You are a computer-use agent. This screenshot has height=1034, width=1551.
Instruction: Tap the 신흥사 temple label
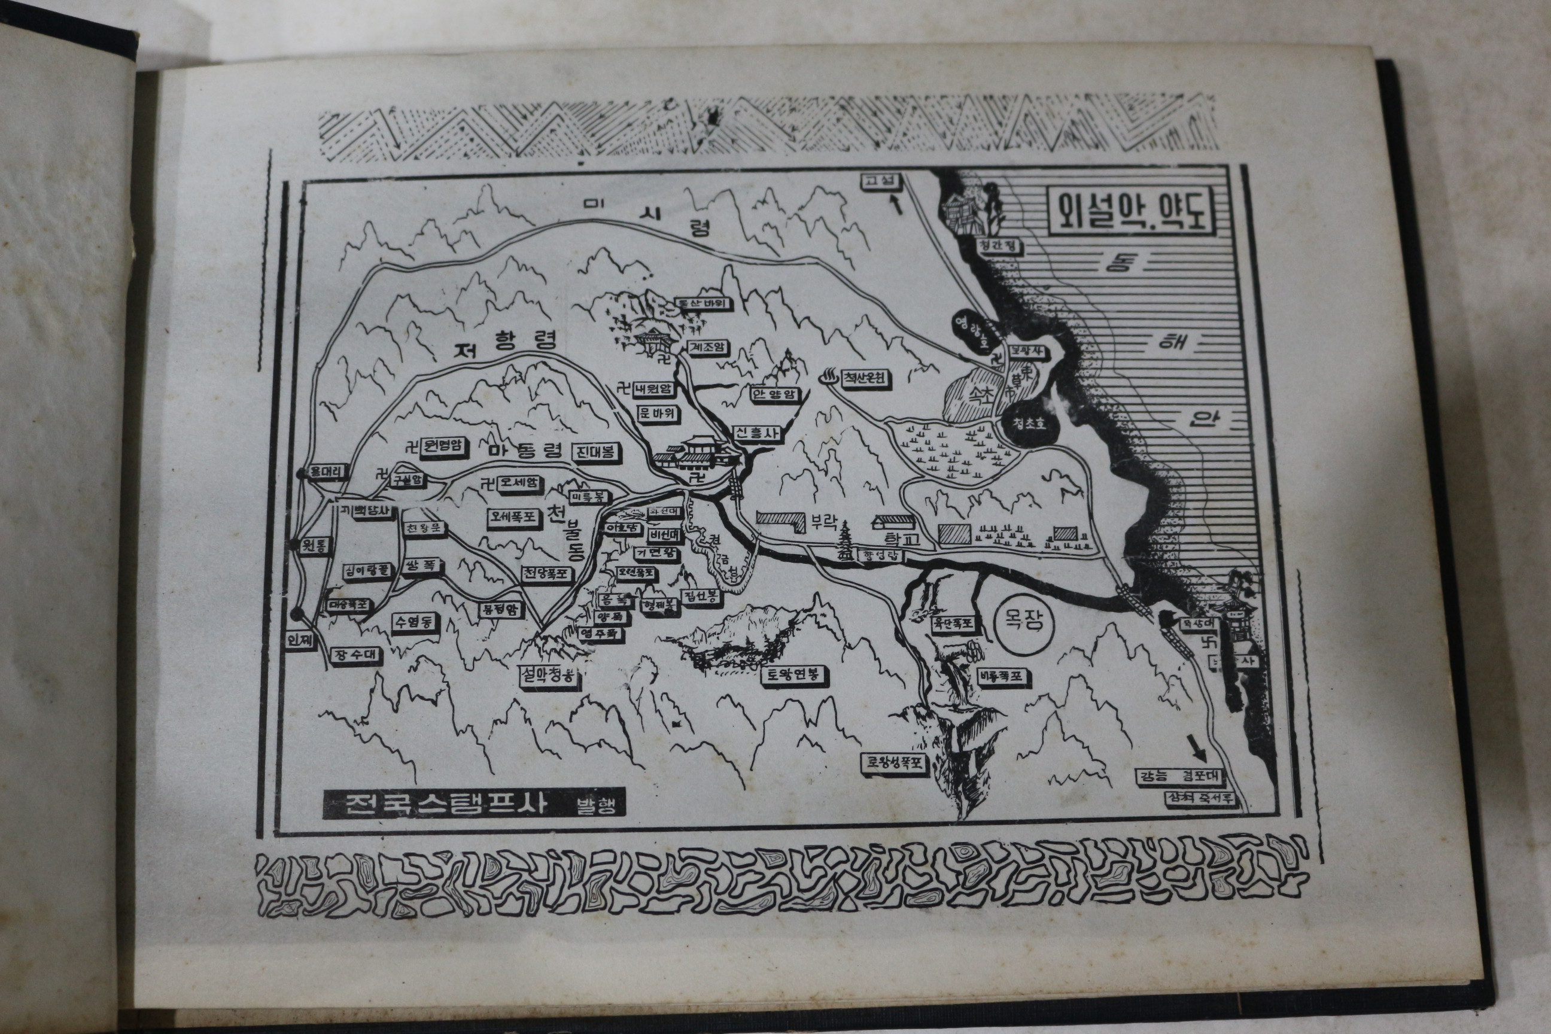[756, 433]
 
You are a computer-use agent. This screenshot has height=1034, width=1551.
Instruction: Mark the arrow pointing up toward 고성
[897, 205]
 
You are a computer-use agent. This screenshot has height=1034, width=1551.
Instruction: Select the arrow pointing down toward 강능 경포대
[1196, 749]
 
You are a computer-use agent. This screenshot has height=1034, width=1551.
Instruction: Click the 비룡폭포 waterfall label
[1003, 677]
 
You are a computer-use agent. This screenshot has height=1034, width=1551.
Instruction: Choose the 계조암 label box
[707, 347]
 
